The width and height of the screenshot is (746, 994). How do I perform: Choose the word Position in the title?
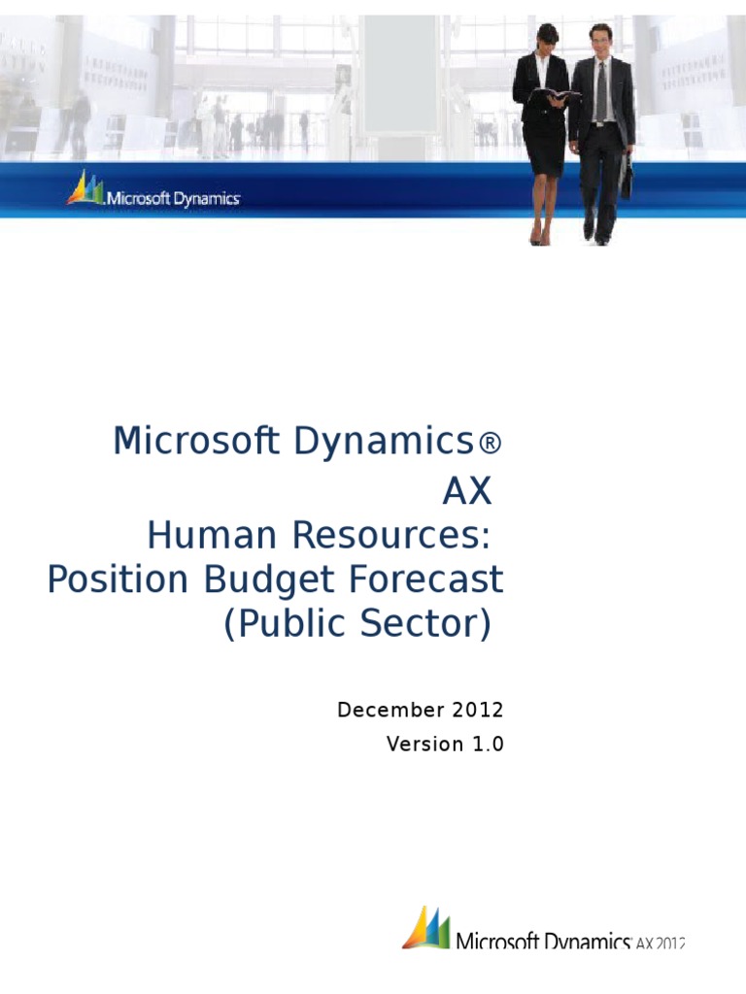click(117, 580)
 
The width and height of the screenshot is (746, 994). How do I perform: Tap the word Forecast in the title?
click(424, 580)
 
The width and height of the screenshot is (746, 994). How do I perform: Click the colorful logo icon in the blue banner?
click(85, 188)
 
